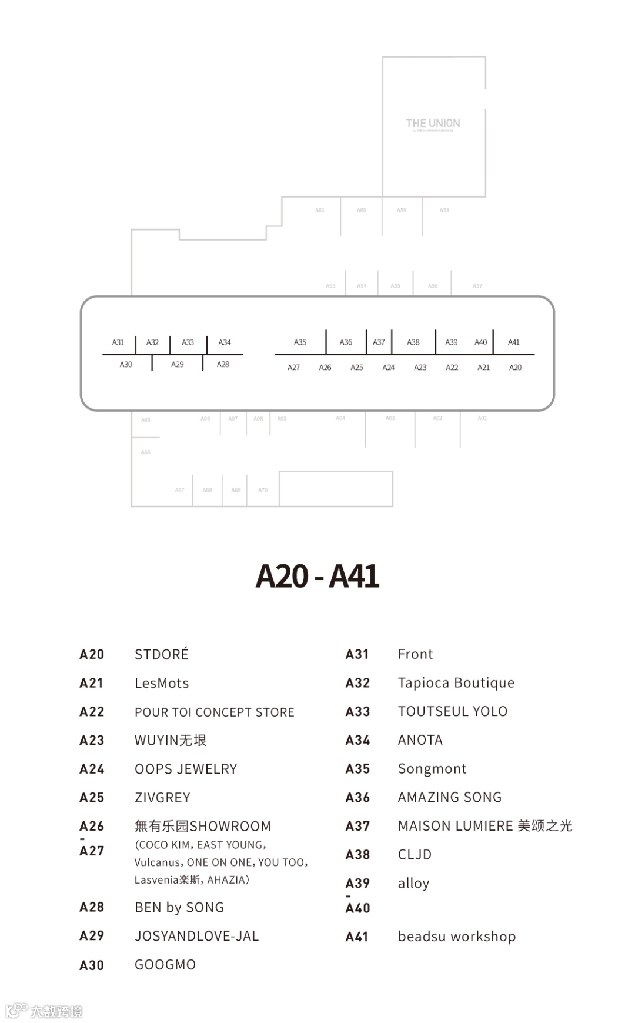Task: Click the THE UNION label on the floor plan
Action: (x=433, y=124)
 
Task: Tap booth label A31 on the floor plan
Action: (x=118, y=342)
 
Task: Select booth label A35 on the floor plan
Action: (x=300, y=342)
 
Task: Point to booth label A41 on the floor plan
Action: (x=514, y=342)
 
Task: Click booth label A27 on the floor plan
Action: (x=293, y=368)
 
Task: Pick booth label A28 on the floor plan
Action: (x=223, y=365)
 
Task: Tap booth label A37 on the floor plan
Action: (x=379, y=342)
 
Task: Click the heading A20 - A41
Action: (x=317, y=576)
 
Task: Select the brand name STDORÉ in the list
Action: (x=162, y=654)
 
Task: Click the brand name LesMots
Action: (x=162, y=683)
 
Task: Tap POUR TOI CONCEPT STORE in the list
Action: (x=215, y=712)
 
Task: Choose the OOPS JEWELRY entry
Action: (x=186, y=769)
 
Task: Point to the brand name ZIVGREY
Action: (x=162, y=798)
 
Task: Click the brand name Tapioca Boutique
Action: (x=456, y=683)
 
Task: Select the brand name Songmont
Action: (x=432, y=769)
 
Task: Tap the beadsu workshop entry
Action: (x=457, y=937)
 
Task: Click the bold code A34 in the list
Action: (x=357, y=740)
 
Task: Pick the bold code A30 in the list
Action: (x=92, y=965)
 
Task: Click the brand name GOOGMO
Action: (x=165, y=965)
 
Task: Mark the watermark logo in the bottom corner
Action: (x=44, y=1011)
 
